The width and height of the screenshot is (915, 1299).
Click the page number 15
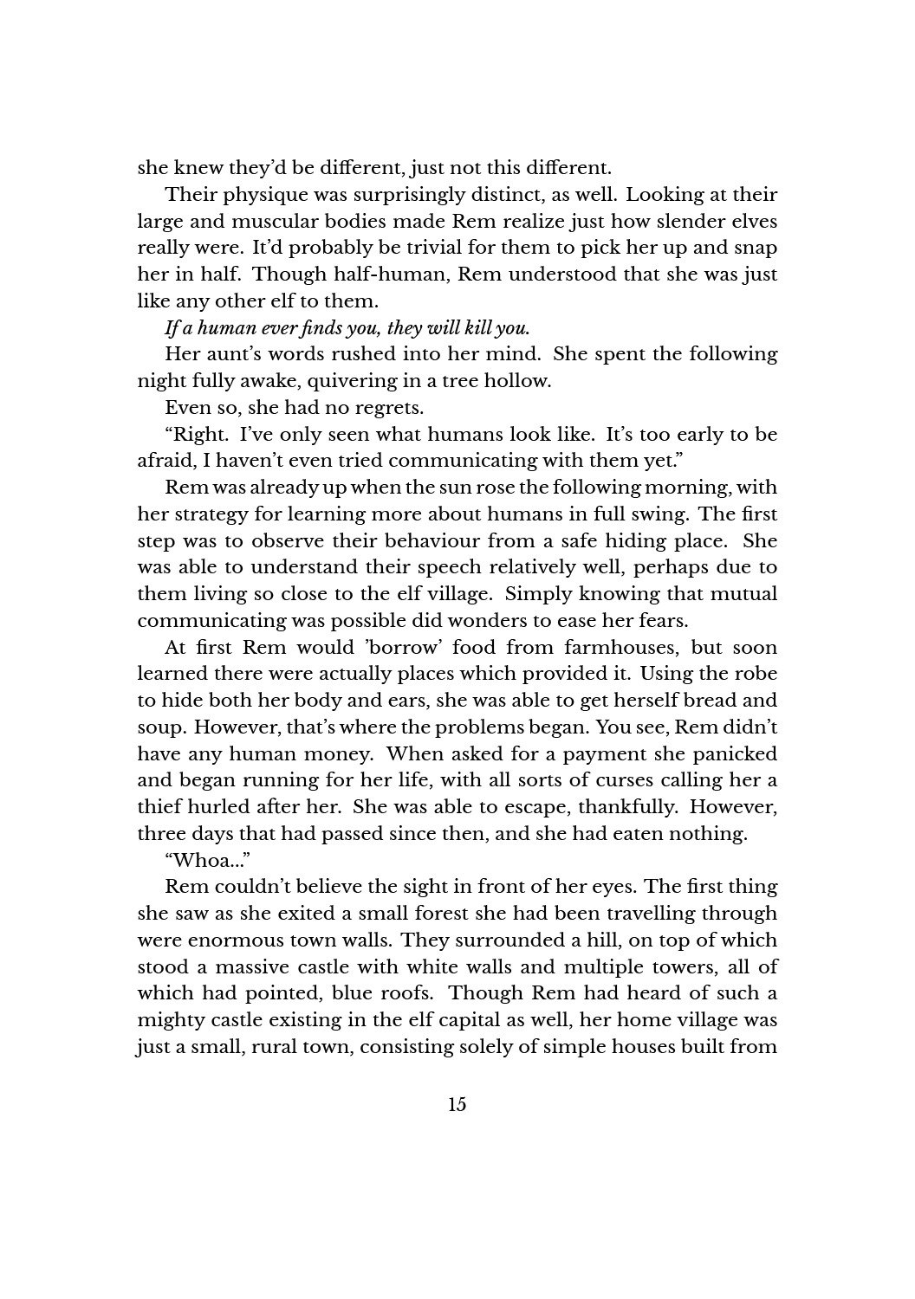[457, 1104]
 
